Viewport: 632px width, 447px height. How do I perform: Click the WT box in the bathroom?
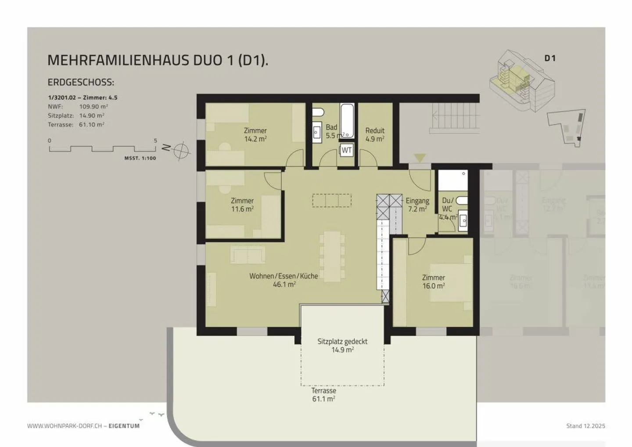point(347,150)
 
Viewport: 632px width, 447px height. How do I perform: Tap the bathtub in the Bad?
point(347,120)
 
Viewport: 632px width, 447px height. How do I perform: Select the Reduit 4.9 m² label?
point(375,134)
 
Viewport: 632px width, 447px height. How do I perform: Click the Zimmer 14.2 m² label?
point(255,134)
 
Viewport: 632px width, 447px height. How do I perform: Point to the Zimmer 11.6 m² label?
point(242,205)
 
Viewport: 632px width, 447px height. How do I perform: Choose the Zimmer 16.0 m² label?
point(434,281)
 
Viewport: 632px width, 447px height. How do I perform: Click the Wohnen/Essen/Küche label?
point(284,280)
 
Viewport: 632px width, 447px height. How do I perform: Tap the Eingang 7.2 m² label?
point(417,205)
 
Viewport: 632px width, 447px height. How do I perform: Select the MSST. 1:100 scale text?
point(140,158)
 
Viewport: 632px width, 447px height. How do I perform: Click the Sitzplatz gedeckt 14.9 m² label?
point(342,345)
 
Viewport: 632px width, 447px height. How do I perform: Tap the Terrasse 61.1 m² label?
point(323,394)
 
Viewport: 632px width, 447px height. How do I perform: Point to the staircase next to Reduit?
point(455,118)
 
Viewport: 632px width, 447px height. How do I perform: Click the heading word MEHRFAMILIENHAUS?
point(118,60)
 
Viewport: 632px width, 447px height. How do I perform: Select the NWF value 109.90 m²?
point(93,106)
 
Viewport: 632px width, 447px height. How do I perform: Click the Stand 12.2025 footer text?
point(585,425)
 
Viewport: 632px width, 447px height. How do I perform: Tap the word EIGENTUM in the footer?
point(124,425)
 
